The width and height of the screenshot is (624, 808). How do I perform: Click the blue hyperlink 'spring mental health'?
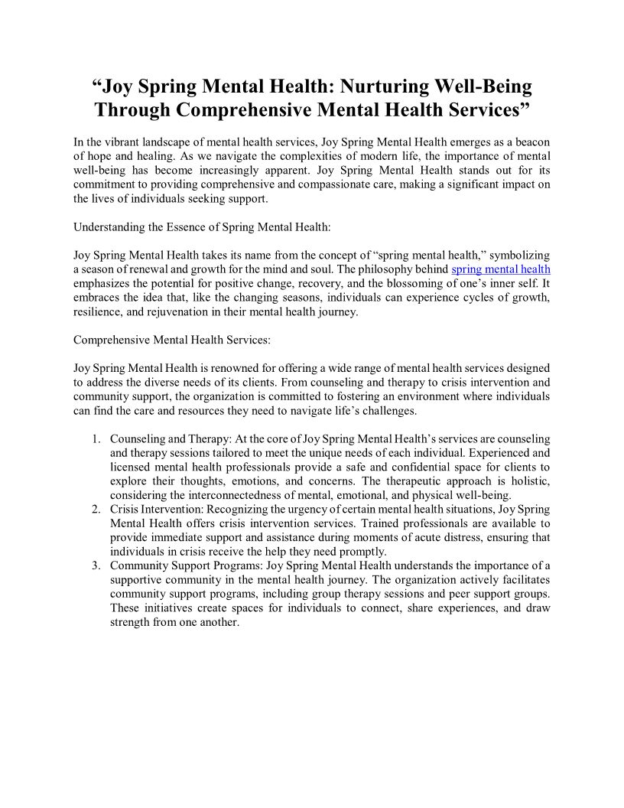click(x=501, y=269)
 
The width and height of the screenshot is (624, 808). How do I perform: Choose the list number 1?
click(x=96, y=439)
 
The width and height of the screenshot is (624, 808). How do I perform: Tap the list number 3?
click(x=96, y=566)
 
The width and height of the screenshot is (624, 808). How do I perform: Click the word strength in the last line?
click(x=130, y=622)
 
